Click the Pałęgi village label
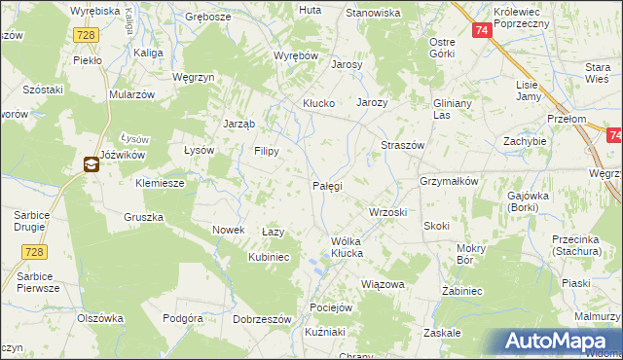coord(327,185)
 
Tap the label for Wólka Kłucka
coord(347,246)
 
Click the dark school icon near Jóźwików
coord(91,164)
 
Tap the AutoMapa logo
coord(561,342)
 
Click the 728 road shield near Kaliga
coord(87,34)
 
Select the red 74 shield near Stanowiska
coord(482,30)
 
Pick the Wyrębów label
coord(297,56)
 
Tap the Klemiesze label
coord(161,182)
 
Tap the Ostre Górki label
coord(443,48)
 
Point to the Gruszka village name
coord(143,216)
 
